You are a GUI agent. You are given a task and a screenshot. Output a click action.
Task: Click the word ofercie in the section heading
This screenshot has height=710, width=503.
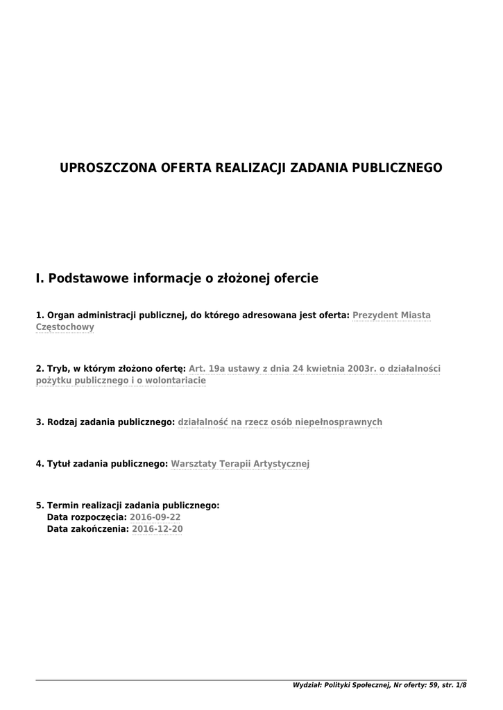point(296,279)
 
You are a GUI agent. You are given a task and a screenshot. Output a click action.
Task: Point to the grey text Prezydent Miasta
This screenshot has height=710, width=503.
point(391,315)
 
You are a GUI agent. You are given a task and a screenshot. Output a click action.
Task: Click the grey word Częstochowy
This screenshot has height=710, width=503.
point(65,327)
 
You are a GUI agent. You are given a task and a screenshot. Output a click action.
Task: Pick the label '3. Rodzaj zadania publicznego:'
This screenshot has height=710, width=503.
point(105,422)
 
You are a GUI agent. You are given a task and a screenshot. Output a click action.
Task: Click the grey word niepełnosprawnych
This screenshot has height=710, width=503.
point(339,422)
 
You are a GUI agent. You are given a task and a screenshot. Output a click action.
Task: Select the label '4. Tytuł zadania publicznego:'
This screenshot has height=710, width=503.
point(102,463)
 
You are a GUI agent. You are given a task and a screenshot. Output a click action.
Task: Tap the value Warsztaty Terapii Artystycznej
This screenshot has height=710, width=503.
point(240,463)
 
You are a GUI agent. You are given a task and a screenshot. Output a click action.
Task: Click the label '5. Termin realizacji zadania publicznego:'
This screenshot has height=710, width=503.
point(128,505)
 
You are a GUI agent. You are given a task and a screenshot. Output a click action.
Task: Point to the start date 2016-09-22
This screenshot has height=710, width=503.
point(155,517)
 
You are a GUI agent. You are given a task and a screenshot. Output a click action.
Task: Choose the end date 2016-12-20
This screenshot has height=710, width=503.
point(157,529)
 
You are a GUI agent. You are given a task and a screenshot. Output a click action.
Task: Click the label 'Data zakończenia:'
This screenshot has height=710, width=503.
point(87,529)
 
